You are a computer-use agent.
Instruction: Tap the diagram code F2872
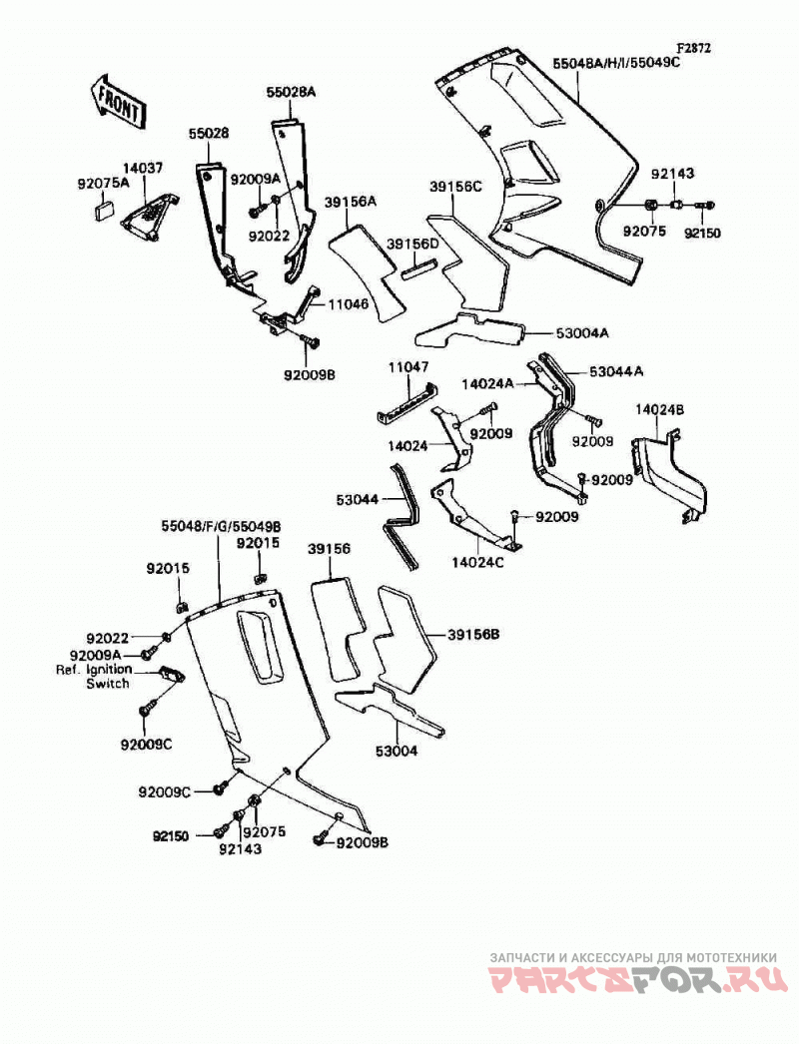coord(694,49)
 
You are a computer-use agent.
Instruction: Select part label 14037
coord(142,169)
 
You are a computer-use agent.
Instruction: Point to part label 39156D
coord(413,244)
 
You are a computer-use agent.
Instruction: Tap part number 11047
coord(409,367)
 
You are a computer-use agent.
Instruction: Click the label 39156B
coord(473,635)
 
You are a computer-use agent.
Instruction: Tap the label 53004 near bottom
coord(397,752)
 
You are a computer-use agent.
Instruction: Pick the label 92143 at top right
coord(672,174)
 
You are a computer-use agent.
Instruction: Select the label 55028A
coord(292,94)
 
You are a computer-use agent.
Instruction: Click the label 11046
coord(347,305)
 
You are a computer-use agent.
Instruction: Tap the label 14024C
coord(477,563)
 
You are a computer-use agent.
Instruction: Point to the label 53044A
coord(616,371)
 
